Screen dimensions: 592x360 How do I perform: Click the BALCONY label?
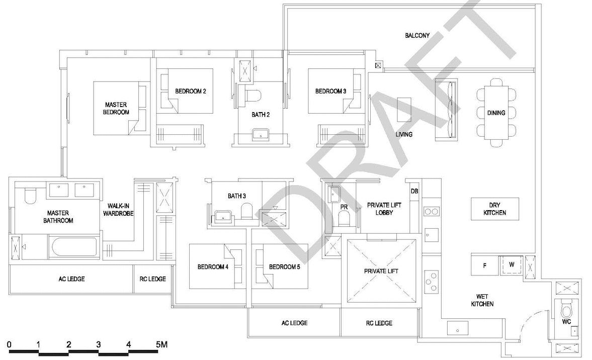(417, 36)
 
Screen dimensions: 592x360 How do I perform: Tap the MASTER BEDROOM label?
(116, 108)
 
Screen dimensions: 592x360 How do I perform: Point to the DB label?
(414, 192)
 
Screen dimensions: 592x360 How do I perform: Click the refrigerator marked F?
(485, 265)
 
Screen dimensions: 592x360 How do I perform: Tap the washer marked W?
(511, 265)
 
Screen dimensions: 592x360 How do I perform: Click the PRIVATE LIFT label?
(381, 271)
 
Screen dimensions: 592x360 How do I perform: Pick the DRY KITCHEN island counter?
(494, 209)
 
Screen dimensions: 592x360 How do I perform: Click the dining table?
(496, 113)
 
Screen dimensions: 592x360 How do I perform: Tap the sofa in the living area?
(446, 110)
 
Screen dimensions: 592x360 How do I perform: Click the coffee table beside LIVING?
(404, 110)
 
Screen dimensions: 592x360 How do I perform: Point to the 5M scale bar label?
(161, 344)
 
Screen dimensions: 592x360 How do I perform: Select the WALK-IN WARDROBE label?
(118, 210)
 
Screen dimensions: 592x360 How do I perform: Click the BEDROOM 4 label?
(213, 267)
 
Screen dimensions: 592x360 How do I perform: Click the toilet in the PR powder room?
(344, 218)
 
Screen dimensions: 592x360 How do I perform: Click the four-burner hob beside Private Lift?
(431, 282)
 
